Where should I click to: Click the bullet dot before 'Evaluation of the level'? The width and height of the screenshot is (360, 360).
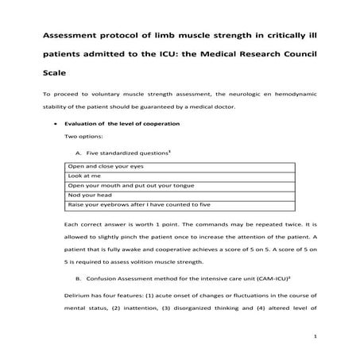pos(54,126)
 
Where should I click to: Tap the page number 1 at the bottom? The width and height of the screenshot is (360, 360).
pos(315,337)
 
